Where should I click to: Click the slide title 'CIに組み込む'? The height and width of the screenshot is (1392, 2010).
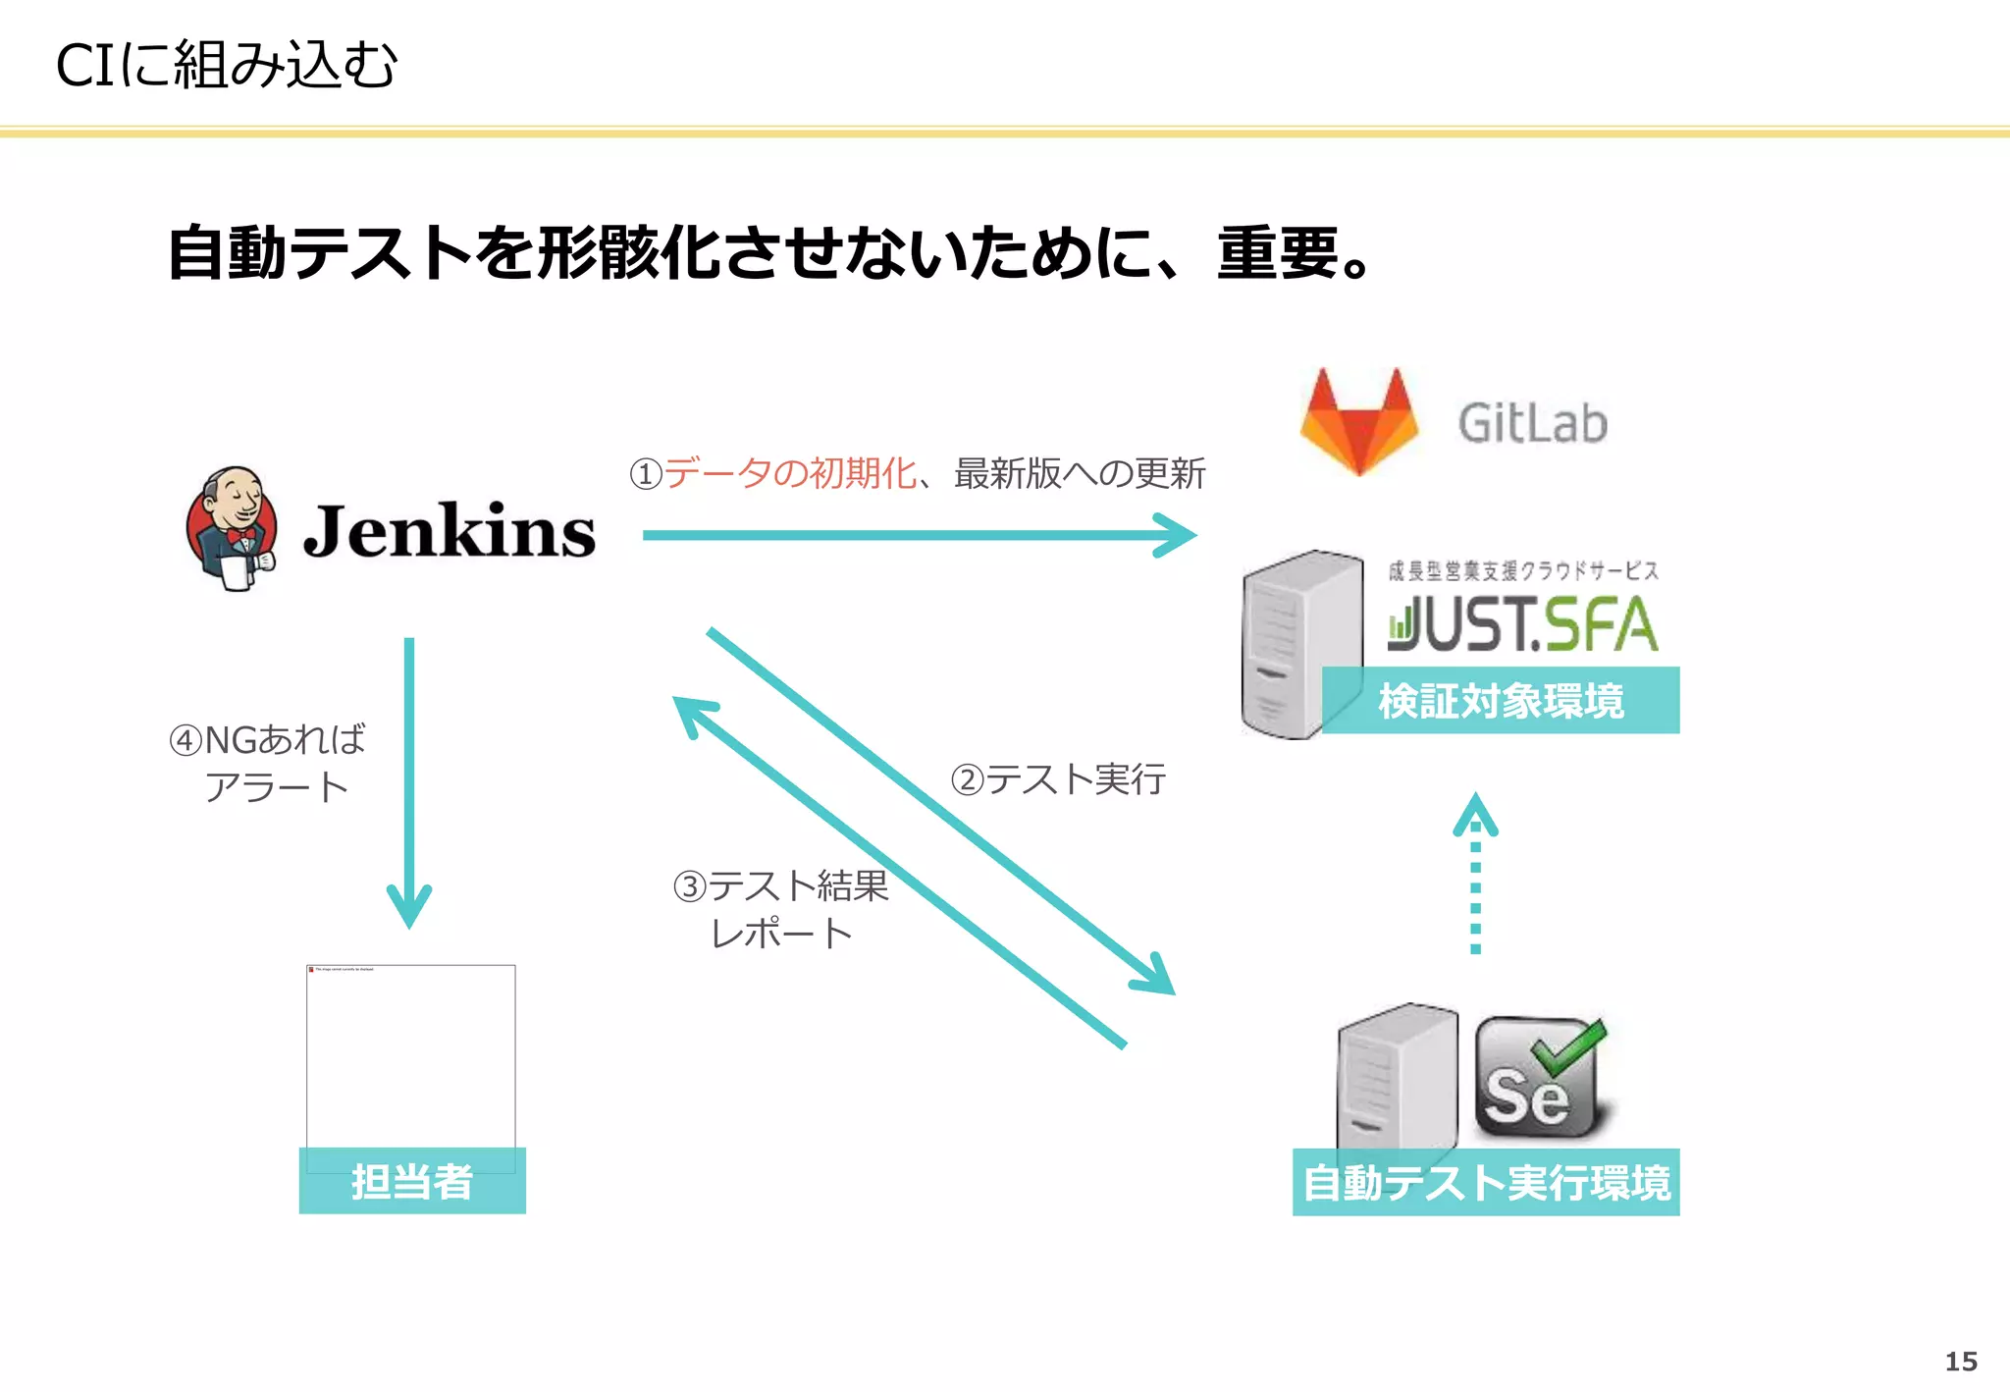[x=226, y=66]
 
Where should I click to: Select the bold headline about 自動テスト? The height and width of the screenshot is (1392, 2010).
[x=769, y=253]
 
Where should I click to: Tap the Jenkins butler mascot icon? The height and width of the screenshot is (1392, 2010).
[x=232, y=529]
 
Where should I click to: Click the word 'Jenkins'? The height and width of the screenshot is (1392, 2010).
[x=449, y=531]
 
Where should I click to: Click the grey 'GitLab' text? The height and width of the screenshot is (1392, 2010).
[x=1532, y=424]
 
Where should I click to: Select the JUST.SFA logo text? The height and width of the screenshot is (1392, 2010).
[x=1522, y=624]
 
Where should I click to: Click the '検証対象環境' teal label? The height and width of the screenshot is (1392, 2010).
[x=1501, y=701]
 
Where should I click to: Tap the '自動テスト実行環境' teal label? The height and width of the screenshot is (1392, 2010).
[x=1486, y=1183]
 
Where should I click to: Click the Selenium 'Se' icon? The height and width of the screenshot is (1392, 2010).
[x=1539, y=1078]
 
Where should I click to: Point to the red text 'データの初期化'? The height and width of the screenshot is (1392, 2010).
[x=790, y=474]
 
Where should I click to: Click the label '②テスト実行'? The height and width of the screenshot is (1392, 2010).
[x=1058, y=780]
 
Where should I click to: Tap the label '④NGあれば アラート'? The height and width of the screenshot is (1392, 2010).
[x=269, y=764]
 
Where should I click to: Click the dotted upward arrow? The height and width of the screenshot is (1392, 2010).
[x=1475, y=874]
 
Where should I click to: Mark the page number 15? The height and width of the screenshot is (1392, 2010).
[x=1961, y=1362]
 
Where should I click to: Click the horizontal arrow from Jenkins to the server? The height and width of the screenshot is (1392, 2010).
[x=919, y=536]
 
